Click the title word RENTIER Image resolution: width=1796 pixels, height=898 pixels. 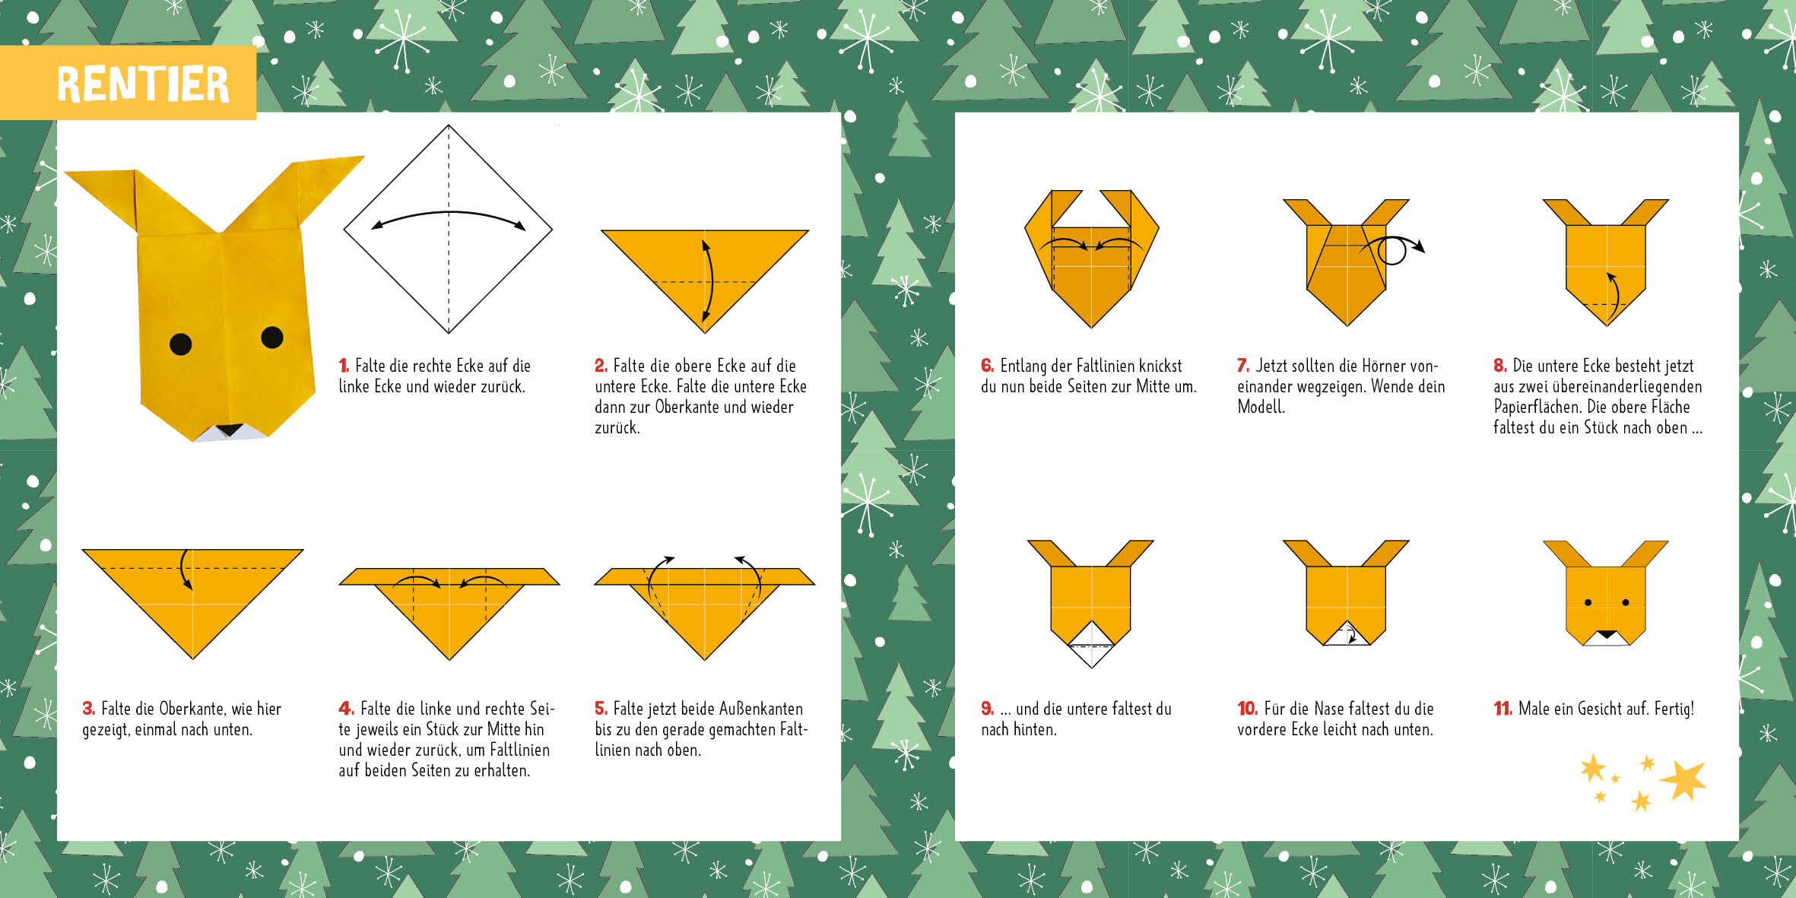point(143,84)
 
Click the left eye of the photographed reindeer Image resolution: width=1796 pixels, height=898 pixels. point(180,344)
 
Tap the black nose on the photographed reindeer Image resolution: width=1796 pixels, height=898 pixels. point(229,430)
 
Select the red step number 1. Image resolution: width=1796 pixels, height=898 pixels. point(344,366)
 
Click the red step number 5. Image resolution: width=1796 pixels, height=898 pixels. point(601,709)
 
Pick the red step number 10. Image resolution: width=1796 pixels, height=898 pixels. point(1247,709)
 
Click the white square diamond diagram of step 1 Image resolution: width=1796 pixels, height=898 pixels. point(449,229)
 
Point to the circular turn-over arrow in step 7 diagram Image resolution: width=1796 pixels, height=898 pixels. point(1393,249)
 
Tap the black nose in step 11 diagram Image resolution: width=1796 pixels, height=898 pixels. point(1606,634)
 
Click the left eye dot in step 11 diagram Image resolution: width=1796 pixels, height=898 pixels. point(1588,603)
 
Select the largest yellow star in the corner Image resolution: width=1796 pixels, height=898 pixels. point(1685,780)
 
